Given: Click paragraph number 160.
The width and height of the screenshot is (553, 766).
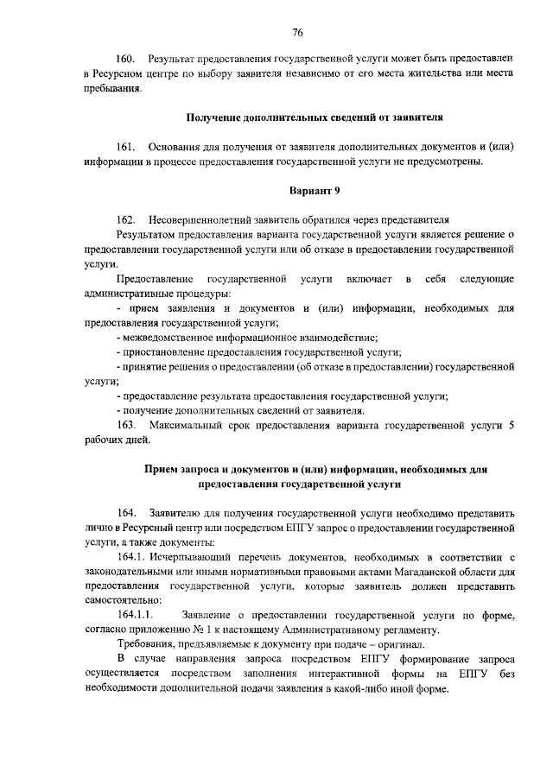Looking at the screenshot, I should point(125,59).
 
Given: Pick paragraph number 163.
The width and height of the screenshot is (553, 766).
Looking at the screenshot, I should point(125,425).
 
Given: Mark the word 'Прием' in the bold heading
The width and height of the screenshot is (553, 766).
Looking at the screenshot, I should point(161,469).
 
